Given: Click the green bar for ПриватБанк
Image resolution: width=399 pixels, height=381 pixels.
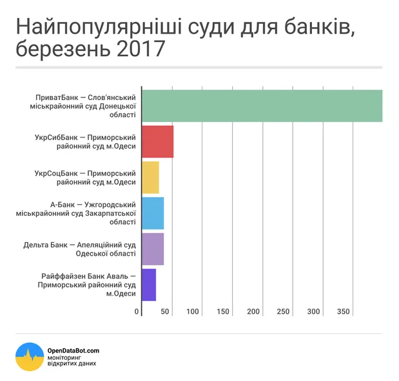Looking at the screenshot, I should click(x=262, y=106).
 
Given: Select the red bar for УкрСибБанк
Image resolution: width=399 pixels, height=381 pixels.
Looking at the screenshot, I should click(x=157, y=141).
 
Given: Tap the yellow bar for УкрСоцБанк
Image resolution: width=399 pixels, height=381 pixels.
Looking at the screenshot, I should click(x=150, y=178).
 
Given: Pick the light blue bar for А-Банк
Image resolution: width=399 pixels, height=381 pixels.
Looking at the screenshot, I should click(x=153, y=213).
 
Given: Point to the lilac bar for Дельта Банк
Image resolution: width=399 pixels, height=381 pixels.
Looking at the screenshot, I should click(x=153, y=249).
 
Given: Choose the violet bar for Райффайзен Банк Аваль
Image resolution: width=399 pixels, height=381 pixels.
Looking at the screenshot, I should click(x=149, y=285).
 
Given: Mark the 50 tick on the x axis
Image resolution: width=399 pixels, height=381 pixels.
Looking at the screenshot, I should click(x=165, y=312).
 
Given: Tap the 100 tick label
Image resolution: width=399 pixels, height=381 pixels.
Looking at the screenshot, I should click(x=193, y=312).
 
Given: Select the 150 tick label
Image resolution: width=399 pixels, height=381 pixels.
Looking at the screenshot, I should click(x=223, y=312).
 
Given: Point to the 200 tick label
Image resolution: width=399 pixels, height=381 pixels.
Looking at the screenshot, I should click(x=253, y=312).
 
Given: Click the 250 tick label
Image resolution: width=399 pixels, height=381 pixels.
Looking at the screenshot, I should click(x=284, y=312).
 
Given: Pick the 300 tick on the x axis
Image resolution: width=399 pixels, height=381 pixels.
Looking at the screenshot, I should click(x=314, y=312).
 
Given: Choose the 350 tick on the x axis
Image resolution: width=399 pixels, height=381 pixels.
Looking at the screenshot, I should click(x=344, y=312).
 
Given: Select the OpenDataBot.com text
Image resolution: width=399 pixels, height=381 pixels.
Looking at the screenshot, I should click(x=73, y=351).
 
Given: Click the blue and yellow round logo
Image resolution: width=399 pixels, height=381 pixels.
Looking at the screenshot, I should click(x=30, y=356).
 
